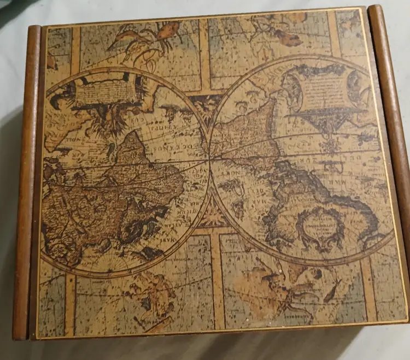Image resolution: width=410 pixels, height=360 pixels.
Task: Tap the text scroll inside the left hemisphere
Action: pyautogui.click(x=106, y=91)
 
